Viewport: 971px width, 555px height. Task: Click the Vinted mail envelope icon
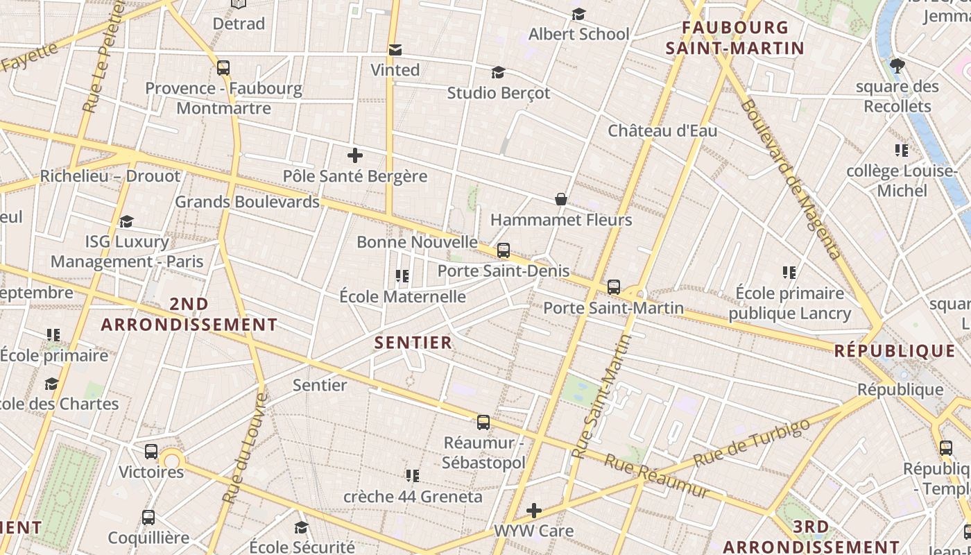coord(395,50)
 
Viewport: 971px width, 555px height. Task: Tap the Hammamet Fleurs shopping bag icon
coord(561,200)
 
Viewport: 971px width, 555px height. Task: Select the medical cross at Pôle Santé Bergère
coord(355,155)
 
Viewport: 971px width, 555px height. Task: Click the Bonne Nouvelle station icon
coord(504,250)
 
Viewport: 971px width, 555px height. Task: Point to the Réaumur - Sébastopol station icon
coord(483,422)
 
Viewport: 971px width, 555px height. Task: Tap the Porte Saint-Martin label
coord(613,307)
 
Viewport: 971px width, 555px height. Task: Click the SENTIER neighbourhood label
coord(413,342)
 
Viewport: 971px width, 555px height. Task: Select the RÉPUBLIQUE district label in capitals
coord(895,350)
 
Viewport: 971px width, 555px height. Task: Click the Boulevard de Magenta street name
coord(790,179)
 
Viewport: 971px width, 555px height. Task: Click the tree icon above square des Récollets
coord(897,66)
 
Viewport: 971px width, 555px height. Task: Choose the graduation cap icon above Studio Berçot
coord(498,72)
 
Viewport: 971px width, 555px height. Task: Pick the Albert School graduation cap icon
coord(578,14)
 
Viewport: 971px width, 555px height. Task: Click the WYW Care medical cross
coord(533,511)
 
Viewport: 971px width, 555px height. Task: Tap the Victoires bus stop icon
coord(151,452)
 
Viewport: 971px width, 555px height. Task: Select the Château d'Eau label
coord(662,130)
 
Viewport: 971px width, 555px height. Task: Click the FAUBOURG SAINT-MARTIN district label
coord(734,38)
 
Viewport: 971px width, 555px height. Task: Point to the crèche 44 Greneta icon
coord(413,476)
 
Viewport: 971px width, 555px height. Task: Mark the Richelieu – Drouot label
coord(110,176)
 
